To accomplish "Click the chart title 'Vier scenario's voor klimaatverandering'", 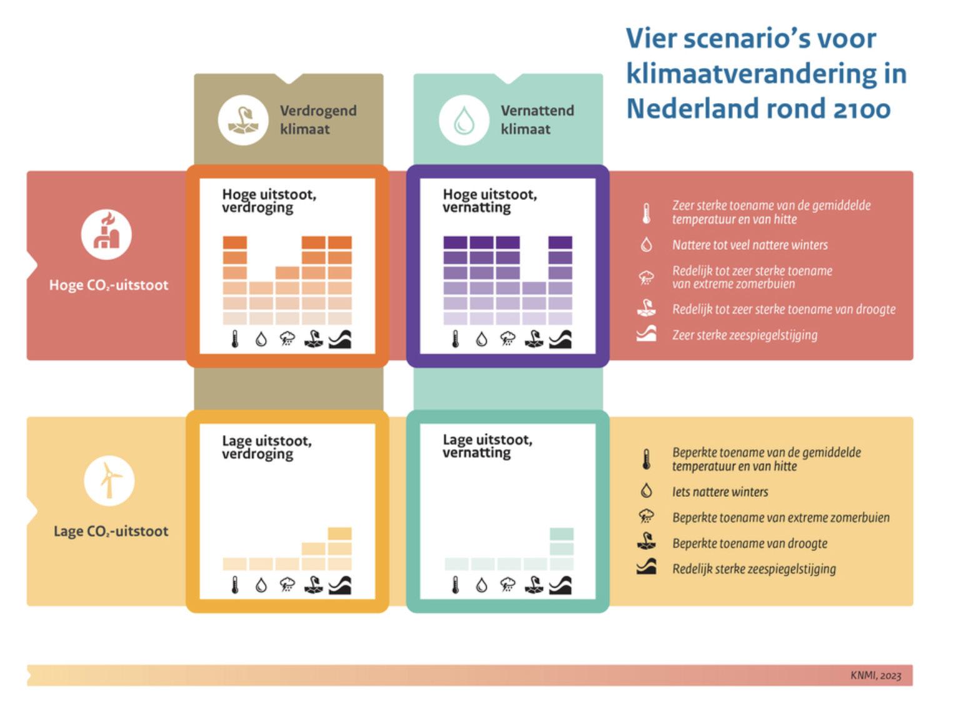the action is tap(766, 73).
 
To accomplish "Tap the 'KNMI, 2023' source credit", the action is tap(875, 675).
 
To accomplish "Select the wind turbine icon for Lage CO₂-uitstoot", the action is tap(109, 480).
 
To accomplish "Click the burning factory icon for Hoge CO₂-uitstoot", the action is tap(106, 234).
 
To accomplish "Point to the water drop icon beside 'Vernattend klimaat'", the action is tap(464, 119).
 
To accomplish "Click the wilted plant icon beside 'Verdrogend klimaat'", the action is tap(242, 119).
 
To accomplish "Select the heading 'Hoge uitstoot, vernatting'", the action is tap(489, 201).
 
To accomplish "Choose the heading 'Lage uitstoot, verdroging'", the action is tap(267, 447).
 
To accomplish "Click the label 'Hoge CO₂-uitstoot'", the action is tap(109, 285).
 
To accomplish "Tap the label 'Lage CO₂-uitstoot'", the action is tap(111, 531).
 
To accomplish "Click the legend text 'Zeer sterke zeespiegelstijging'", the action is tap(744, 335).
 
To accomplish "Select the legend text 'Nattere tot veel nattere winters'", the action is tap(750, 245).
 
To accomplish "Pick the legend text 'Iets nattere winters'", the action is tap(720, 492).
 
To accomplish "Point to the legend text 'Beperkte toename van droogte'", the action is tap(749, 543).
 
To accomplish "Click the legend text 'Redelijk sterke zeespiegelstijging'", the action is tap(754, 569).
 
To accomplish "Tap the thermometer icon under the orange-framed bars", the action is tap(235, 339).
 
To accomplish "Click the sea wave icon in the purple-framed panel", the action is tap(560, 339).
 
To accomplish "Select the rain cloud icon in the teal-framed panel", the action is tap(507, 586).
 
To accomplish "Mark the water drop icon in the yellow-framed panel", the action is tap(261, 586).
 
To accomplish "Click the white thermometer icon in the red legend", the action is tap(646, 213).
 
